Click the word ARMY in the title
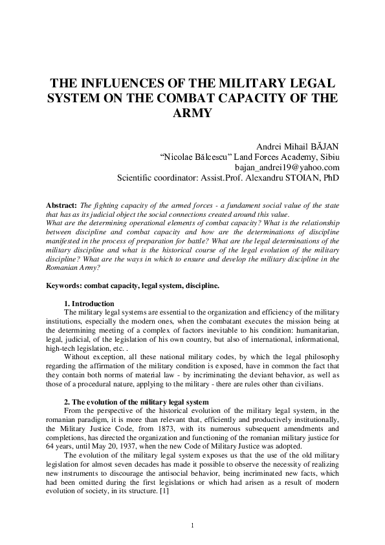[x=192, y=114]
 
